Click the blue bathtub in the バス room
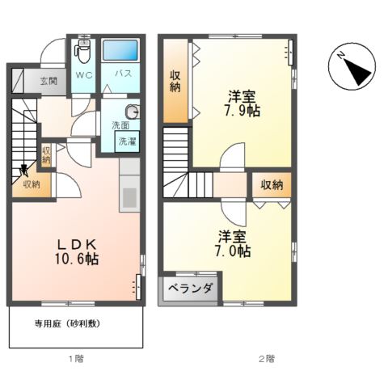pos(122,50)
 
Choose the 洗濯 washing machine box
pos(128,141)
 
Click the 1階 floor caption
pos(75,358)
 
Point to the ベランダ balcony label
pos(191,289)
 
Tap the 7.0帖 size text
pos(233,251)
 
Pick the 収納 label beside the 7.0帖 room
pos(271,185)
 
